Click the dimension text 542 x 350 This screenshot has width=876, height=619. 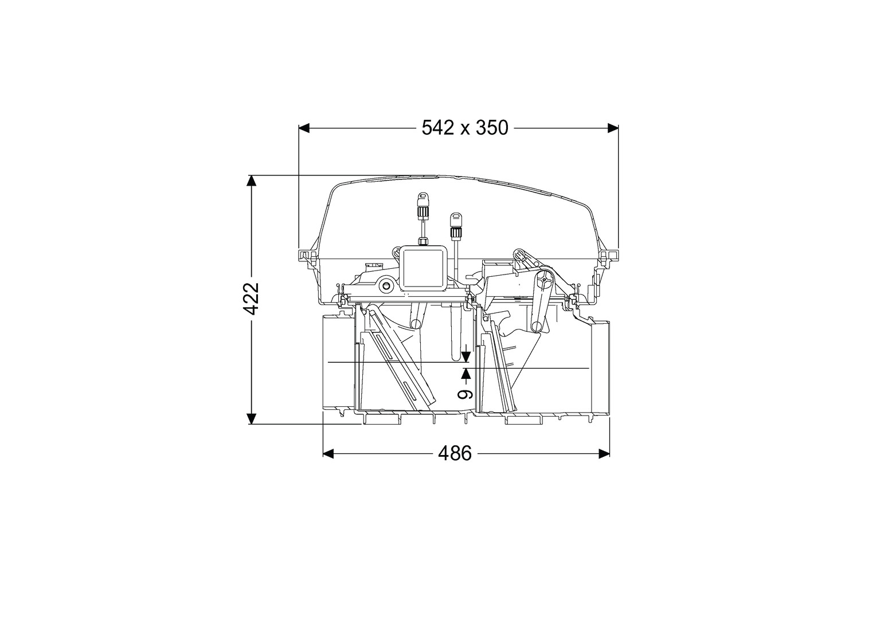click(x=464, y=128)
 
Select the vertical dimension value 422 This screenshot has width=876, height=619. click(x=251, y=299)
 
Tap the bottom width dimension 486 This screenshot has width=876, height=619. click(x=455, y=453)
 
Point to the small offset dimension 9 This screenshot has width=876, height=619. click(x=466, y=394)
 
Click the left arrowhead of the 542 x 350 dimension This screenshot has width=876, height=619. click(x=304, y=128)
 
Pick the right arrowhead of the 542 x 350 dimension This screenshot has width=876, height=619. click(x=613, y=128)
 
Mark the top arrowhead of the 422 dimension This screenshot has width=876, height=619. click(x=251, y=181)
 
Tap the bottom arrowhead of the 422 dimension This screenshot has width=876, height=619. click(x=251, y=418)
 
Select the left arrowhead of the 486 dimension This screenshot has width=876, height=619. click(x=328, y=453)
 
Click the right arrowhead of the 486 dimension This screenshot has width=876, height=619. click(x=604, y=453)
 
